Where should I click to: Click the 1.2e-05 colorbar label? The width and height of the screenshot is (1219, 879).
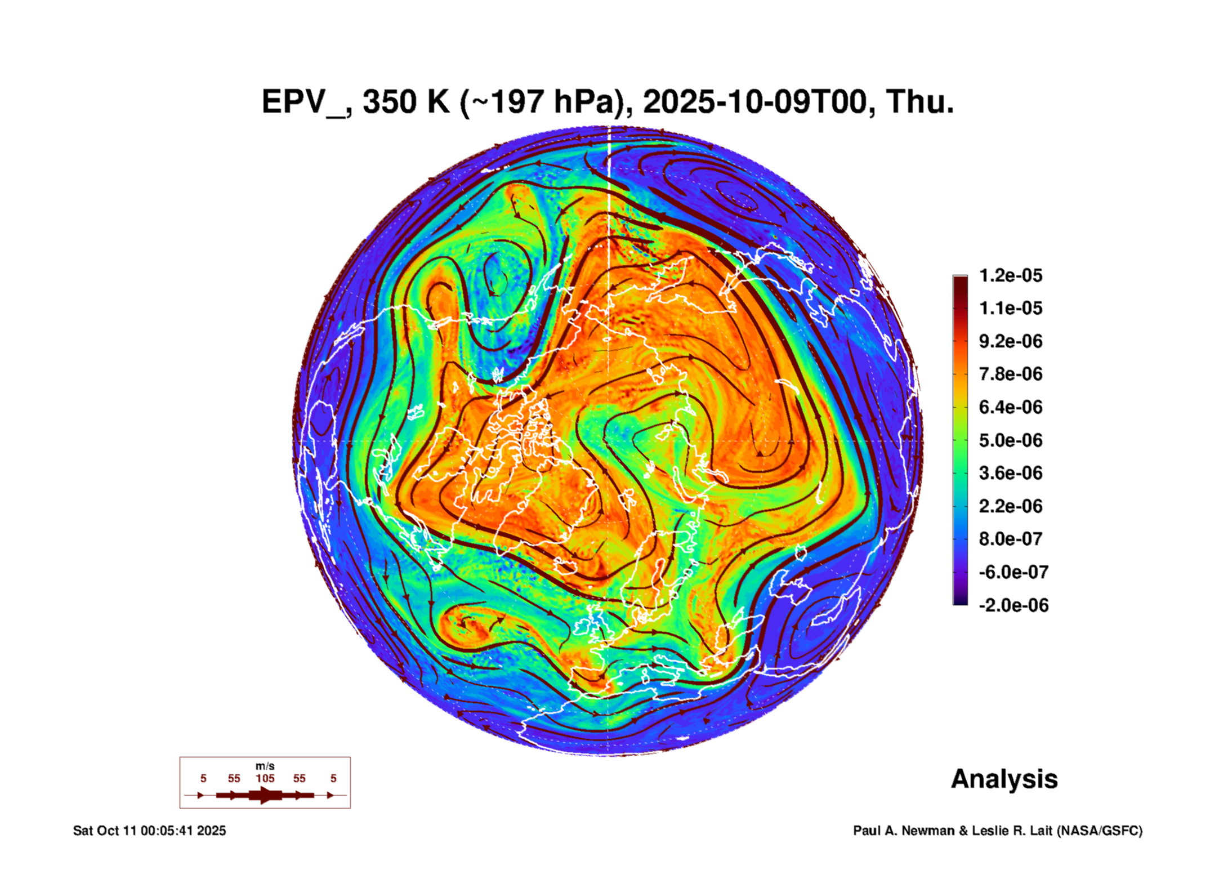1010,275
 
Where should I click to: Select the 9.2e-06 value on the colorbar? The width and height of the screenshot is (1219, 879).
1010,341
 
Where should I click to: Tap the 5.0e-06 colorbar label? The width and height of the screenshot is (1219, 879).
1010,440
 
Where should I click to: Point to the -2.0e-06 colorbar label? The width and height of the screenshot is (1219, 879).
1013,605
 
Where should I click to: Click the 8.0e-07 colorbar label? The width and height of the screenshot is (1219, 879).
1010,539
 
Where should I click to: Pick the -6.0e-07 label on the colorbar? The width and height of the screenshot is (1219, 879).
1013,572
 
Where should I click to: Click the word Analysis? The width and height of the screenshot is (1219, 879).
1004,779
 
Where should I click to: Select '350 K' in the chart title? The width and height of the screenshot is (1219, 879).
406,102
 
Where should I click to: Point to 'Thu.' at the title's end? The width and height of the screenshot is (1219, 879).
920,102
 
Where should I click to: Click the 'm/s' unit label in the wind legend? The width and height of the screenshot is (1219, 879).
265,766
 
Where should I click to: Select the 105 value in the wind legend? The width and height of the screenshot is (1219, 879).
265,778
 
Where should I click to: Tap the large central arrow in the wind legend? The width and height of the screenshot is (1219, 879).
265,795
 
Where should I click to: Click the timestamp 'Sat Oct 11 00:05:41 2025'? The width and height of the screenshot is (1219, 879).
149,831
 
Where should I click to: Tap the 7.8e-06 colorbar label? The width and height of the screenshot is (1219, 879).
1010,374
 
